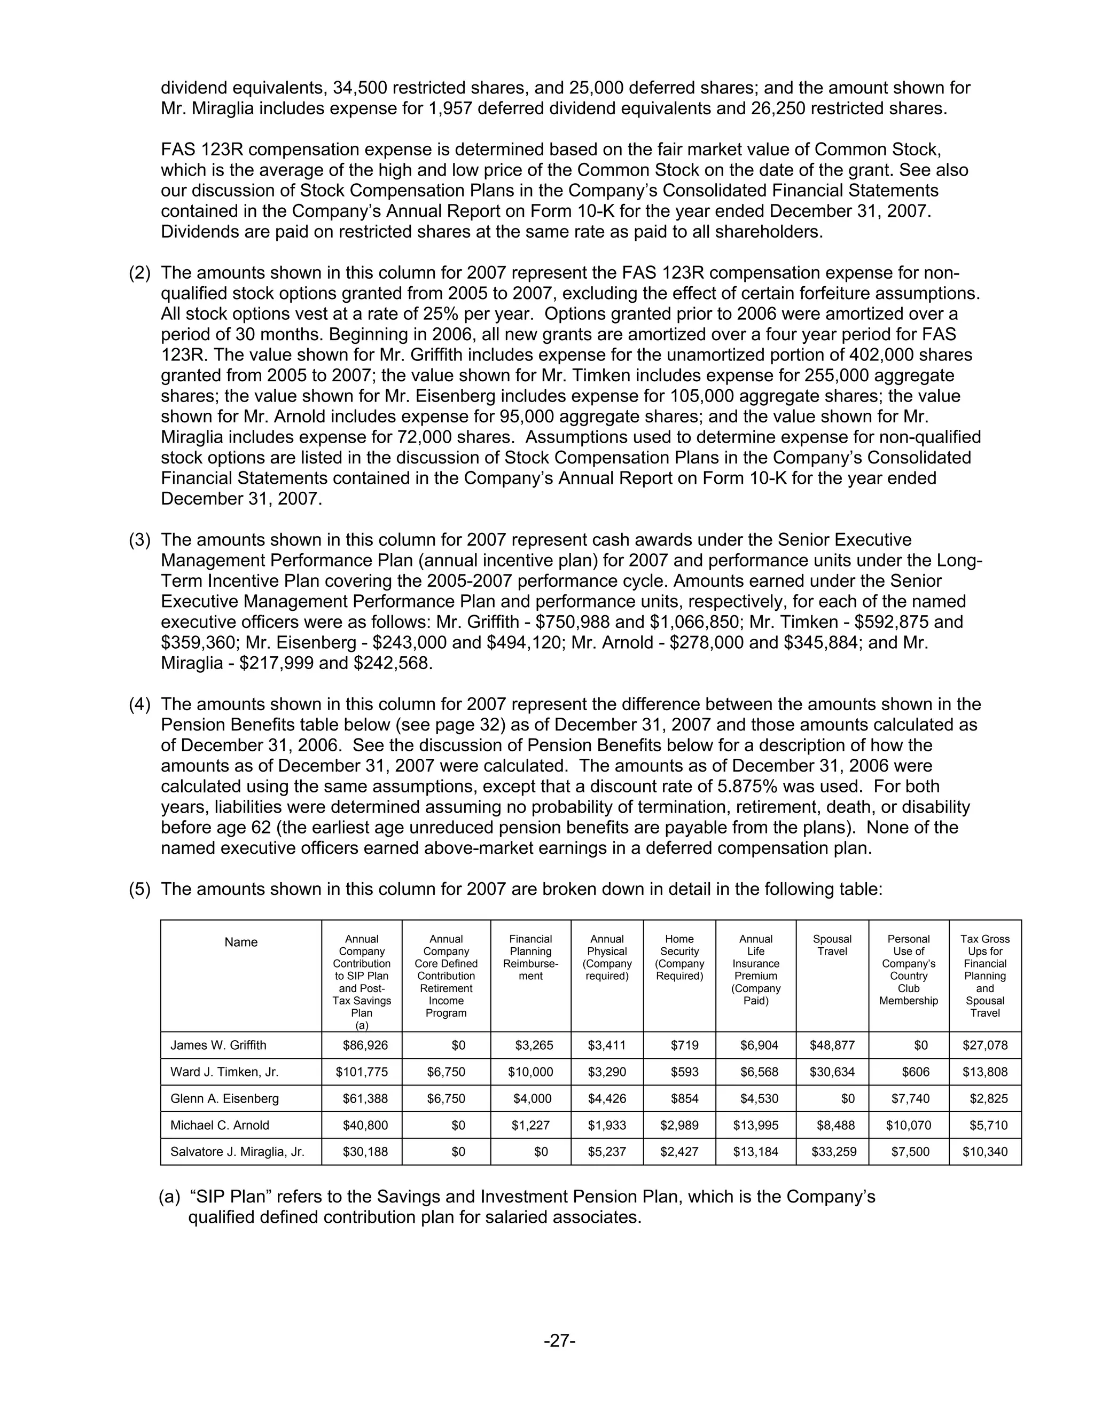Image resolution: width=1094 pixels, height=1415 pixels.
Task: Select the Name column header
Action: point(240,942)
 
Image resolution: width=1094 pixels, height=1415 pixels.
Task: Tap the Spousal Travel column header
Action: point(832,945)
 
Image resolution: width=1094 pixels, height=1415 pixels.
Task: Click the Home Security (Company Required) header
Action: point(679,957)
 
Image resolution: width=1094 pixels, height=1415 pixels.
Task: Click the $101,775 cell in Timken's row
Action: point(362,1072)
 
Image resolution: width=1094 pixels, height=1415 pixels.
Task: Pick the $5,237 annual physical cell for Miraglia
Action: point(607,1151)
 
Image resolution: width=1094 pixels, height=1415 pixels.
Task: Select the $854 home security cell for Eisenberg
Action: point(686,1098)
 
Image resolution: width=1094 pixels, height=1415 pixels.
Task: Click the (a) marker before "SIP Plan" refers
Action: point(169,1197)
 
